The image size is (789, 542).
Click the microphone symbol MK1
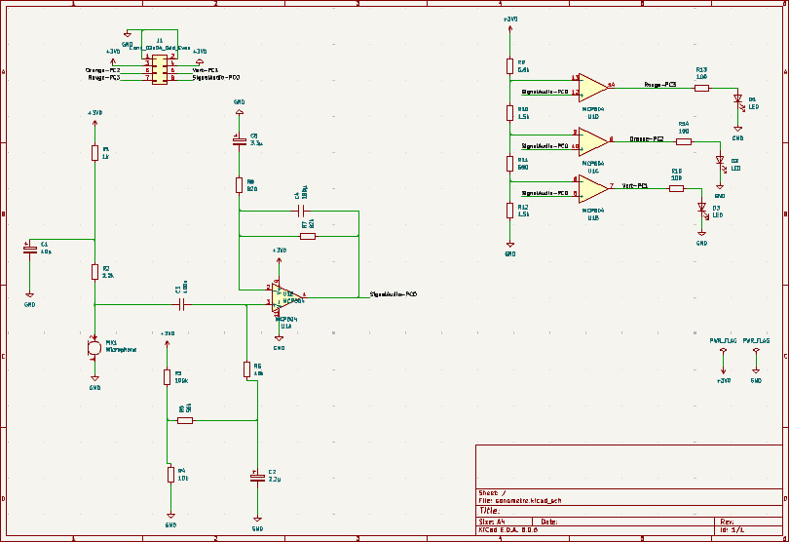point(94,346)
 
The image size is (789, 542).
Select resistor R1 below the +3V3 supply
point(94,152)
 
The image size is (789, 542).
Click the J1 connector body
point(160,72)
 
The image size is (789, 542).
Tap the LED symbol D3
point(701,207)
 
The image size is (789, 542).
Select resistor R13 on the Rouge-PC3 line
point(701,88)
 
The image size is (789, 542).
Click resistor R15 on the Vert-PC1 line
point(676,187)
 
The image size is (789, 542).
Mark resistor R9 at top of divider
point(508,65)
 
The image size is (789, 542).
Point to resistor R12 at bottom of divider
point(508,210)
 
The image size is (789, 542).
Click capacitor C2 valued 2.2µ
point(257,478)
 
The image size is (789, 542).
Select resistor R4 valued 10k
point(170,474)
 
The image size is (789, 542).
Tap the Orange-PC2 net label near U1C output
point(646,140)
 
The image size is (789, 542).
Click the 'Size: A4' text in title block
point(491,522)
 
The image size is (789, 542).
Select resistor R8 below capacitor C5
point(239,185)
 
